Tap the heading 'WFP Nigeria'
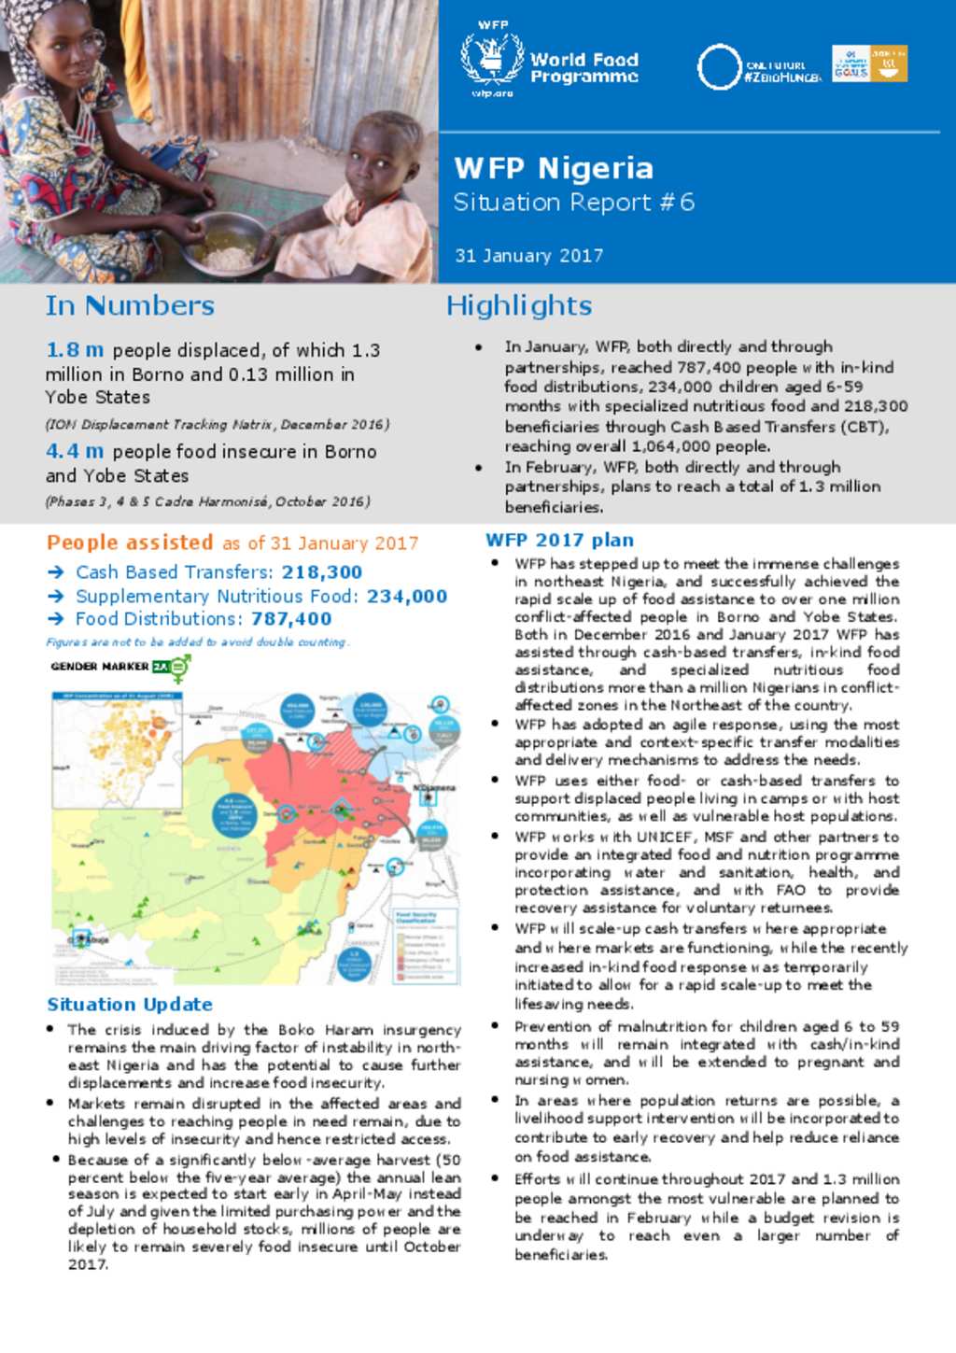(x=553, y=168)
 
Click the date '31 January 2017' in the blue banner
(x=528, y=256)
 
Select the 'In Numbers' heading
(x=130, y=306)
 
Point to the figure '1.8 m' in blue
(x=75, y=350)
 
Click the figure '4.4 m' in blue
(x=75, y=451)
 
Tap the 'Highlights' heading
(x=518, y=306)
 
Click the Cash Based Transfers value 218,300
(x=322, y=572)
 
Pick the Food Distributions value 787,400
(x=291, y=619)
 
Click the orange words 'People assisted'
(x=130, y=543)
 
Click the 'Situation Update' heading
(x=130, y=1005)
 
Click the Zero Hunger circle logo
(x=719, y=67)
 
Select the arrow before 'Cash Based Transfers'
(x=56, y=572)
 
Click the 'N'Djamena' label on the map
(x=433, y=787)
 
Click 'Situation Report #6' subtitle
(x=573, y=203)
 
